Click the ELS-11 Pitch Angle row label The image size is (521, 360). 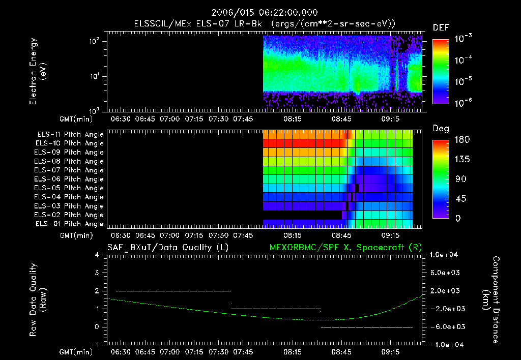click(70, 135)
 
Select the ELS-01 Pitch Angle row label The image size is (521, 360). click(70, 224)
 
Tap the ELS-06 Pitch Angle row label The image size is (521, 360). click(70, 179)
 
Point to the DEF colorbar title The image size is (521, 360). click(441, 27)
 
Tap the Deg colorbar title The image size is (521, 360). click(441, 129)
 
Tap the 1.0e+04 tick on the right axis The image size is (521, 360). click(445, 254)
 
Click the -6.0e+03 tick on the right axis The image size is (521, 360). click(445, 327)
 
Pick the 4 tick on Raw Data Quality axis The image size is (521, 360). click(97, 255)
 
